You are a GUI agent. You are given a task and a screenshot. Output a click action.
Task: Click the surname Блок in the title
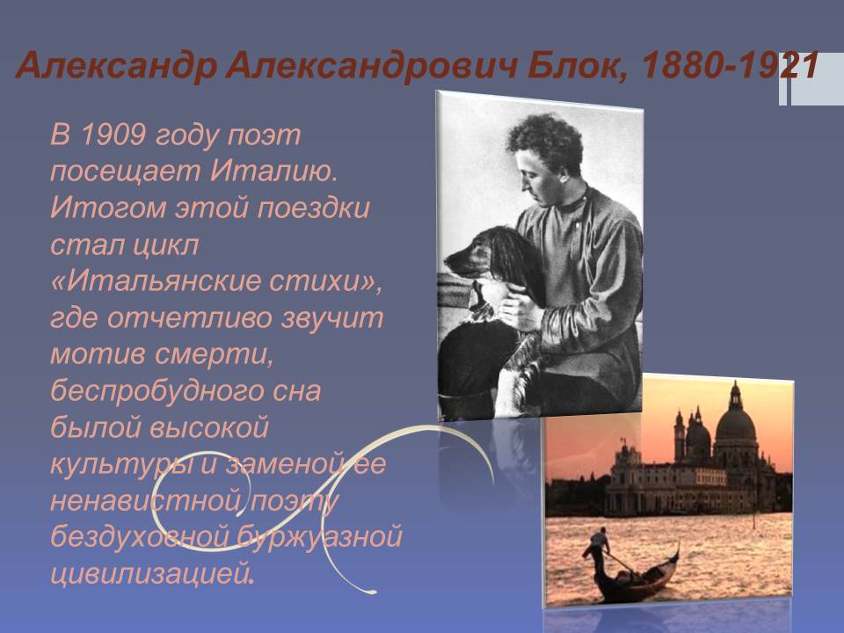click(x=575, y=67)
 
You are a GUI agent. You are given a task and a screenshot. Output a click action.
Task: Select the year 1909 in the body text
click(x=113, y=135)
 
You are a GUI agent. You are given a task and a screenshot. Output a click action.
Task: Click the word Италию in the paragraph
click(x=274, y=171)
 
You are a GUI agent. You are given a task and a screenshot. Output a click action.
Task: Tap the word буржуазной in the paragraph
click(x=320, y=536)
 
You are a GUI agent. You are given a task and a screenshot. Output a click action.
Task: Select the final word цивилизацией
click(x=152, y=574)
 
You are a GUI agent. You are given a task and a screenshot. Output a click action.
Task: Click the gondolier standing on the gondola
click(x=599, y=547)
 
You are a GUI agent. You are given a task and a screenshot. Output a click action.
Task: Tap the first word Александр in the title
click(x=116, y=67)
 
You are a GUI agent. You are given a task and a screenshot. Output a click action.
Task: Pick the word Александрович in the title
click(x=372, y=67)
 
